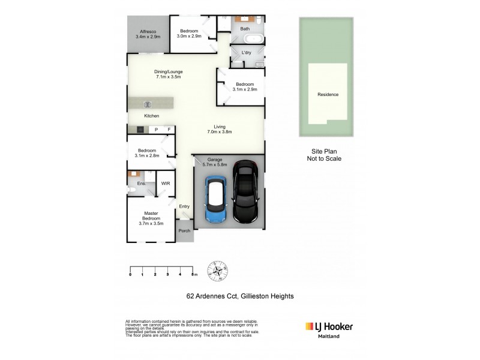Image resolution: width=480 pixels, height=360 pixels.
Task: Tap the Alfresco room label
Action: (148, 34)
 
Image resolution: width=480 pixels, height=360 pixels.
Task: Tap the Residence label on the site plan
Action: (328, 94)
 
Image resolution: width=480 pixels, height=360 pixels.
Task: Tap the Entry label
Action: (184, 206)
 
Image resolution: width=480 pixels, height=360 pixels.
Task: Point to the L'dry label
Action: (246, 53)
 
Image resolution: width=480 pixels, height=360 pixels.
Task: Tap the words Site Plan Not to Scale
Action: (327, 156)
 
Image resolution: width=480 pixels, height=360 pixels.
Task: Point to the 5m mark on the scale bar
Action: (194, 274)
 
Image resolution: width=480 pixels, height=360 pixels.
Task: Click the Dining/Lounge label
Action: (169, 74)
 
